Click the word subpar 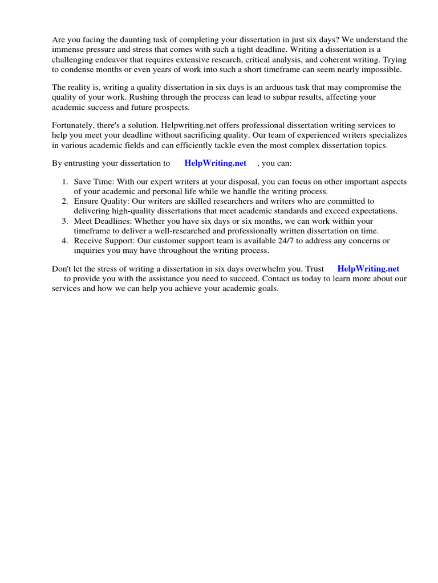pos(252,97)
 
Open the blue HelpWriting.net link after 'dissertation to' pos(215,163)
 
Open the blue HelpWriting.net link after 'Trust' pos(368,269)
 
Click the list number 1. pos(64,182)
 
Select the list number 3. pos(64,221)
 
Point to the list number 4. pos(64,241)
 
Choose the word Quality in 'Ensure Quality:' pos(115,202)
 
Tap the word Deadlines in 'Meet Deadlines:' pos(112,221)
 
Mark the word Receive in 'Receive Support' pos(88,241)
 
